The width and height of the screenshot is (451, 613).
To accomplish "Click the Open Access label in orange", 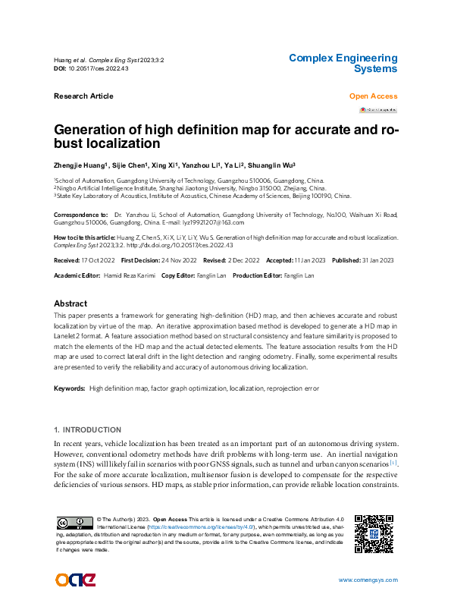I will tap(373, 96).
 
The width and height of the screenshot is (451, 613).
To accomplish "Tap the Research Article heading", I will tap(83, 96).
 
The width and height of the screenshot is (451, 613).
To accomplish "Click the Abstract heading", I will tap(70, 303).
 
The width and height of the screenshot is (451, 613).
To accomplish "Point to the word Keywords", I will tap(69, 388).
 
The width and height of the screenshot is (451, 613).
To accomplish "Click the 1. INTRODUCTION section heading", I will tap(88, 430).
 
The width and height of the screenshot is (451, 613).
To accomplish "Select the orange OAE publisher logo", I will tap(75, 580).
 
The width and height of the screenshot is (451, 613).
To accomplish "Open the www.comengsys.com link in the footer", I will tap(368, 580).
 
